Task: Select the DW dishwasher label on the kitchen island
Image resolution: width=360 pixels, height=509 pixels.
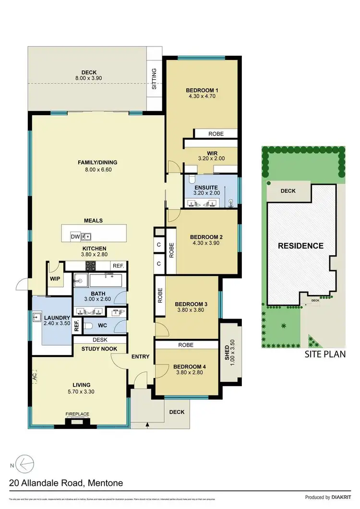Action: coord(75,236)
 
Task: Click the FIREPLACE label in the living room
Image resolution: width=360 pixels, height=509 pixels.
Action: coord(77,414)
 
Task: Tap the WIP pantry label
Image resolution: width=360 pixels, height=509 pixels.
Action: coord(54,278)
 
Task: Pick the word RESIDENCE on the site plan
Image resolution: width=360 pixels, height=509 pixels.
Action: coord(301,246)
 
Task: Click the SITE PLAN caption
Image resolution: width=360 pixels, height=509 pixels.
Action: coord(325,355)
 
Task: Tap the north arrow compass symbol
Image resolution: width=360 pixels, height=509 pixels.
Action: coord(24,464)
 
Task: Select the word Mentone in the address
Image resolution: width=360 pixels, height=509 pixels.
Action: coord(104,483)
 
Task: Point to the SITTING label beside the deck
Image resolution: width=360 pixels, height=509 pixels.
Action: coord(154,80)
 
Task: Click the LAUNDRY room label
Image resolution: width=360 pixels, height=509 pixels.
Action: coord(57,318)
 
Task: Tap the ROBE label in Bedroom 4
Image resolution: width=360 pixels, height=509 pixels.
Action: coord(185,344)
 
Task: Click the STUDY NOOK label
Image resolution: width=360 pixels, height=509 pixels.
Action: coord(96,349)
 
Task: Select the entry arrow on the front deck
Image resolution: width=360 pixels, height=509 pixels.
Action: coord(147,425)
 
